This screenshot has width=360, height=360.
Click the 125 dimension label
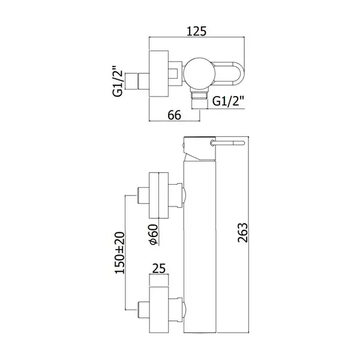(196, 31)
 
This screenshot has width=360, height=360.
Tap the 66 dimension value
(174, 115)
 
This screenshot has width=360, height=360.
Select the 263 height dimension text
(242, 232)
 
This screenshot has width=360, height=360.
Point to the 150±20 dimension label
(119, 253)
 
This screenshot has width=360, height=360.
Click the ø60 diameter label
(154, 234)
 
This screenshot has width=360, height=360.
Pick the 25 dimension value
(159, 268)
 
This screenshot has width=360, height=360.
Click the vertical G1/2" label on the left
(118, 82)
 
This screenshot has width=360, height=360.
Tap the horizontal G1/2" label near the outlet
(228, 101)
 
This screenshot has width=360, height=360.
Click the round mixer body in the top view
(200, 73)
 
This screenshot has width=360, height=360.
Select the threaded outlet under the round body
(200, 98)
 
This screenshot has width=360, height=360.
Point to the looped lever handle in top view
(230, 73)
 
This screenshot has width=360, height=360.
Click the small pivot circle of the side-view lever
(213, 143)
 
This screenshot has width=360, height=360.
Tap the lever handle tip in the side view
(243, 143)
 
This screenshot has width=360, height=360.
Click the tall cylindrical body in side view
(200, 247)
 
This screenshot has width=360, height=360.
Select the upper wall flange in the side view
(158, 195)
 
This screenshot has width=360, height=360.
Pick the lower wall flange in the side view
(158, 310)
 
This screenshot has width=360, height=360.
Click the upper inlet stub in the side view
(143, 195)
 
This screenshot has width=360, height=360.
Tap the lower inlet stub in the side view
(143, 310)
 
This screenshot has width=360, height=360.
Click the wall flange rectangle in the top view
(158, 73)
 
